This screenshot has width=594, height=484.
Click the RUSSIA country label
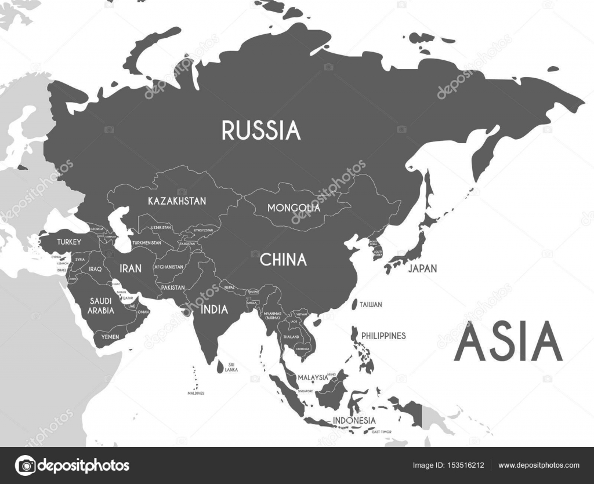261,130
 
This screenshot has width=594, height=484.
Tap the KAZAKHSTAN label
177,201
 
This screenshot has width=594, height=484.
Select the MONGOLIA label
294,208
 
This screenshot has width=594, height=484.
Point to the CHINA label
283,260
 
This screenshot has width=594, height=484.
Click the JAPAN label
422,268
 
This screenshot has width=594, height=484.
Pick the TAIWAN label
371,304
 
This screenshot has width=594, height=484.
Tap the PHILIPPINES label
383,336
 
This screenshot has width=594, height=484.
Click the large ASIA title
508,343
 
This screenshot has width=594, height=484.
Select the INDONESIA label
354,420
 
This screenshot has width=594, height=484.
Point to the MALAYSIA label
313,377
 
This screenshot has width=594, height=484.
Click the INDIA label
214,310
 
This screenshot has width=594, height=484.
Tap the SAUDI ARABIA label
102,306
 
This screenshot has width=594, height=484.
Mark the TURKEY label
69,242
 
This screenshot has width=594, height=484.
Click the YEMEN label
110,336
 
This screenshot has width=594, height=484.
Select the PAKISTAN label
173,288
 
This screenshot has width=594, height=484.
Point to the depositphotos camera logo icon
26,465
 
